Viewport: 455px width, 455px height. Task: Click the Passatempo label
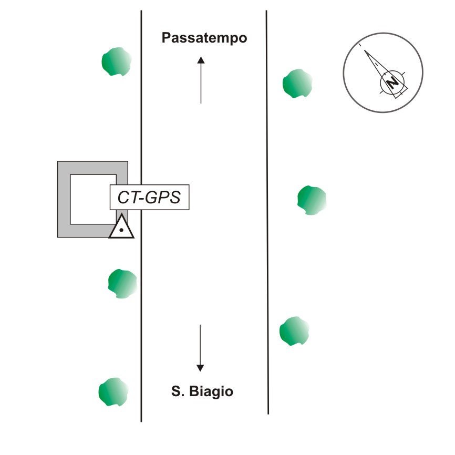click(204, 38)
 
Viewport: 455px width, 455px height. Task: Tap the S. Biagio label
click(202, 391)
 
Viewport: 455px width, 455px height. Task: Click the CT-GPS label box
click(149, 198)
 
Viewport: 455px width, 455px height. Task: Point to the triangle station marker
click(121, 227)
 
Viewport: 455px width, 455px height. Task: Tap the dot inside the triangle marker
click(121, 230)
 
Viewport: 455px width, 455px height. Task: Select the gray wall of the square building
click(64, 200)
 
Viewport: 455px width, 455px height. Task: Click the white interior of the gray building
click(89, 200)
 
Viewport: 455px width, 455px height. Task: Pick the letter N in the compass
click(392, 83)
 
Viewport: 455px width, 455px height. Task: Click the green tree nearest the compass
click(297, 84)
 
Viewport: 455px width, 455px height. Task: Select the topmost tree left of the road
click(116, 61)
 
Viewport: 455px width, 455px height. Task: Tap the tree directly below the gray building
click(122, 284)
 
